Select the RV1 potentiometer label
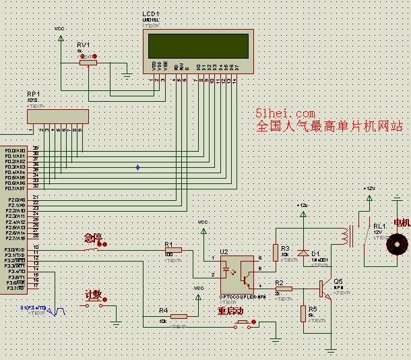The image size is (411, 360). pos(83,44)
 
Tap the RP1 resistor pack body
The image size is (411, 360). pos(58,116)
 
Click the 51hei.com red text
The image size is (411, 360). pos(286,114)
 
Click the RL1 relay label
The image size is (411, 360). pos(380,226)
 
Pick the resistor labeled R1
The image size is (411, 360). pos(174,251)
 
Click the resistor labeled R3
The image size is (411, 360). pos(276,252)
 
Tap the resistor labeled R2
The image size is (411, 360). pos(284,289)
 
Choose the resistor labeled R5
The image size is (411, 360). pos(303,312)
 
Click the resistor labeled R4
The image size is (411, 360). pos(178,316)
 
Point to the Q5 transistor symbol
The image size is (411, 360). pos(325,289)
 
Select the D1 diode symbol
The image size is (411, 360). pos(303,253)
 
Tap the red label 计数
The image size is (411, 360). pos(93,295)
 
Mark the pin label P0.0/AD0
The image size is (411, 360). pos(15,150)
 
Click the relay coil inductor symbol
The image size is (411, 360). pos(346,235)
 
